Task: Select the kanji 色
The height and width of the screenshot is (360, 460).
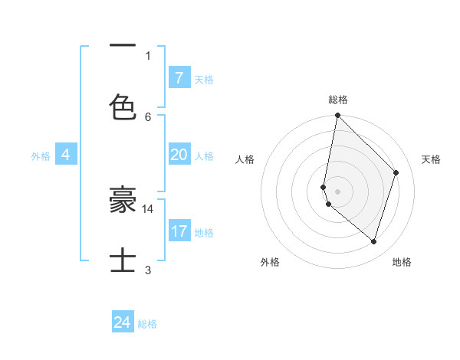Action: click(123, 107)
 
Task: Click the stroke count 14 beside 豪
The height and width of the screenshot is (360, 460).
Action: click(148, 208)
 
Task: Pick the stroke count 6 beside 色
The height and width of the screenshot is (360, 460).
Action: click(148, 116)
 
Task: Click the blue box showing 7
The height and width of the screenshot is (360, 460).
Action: click(179, 77)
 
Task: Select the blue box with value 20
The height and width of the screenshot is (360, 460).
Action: click(179, 155)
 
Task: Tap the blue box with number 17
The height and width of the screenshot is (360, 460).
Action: click(179, 231)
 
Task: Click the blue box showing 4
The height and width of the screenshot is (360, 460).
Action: click(66, 155)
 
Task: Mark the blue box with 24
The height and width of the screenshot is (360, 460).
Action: click(122, 322)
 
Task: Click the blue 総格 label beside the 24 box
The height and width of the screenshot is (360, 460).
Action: click(147, 324)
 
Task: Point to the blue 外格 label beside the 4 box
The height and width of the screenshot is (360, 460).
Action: click(41, 156)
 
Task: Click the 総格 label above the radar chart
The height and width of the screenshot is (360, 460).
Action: click(338, 100)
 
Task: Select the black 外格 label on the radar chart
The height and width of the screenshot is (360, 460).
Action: click(270, 262)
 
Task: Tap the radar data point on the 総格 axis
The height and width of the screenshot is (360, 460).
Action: click(337, 115)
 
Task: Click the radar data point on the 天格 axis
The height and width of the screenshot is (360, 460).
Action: click(396, 172)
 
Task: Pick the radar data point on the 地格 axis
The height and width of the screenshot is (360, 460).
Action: click(374, 241)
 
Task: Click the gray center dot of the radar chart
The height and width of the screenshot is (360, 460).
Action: click(337, 191)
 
